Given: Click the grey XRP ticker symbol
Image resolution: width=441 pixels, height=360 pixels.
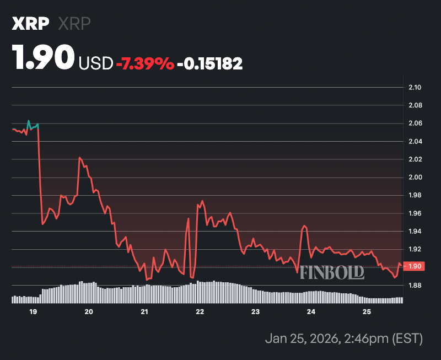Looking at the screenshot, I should pos(74,24).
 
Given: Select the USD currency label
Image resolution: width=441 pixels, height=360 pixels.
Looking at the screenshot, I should pos(96,63).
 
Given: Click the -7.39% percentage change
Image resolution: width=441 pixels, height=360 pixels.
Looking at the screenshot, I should pos(145,63).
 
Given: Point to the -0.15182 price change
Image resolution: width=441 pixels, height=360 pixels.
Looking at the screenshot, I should pos(210,63).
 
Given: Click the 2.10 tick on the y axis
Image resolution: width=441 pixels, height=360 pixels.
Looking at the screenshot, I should pos(415,87).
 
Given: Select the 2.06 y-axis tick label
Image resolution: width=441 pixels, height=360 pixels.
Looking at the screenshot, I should pos(415,123).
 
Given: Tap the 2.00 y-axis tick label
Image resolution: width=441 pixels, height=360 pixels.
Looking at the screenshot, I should pos(415,178).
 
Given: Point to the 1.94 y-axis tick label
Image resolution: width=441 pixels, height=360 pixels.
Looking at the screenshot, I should pos(415,232).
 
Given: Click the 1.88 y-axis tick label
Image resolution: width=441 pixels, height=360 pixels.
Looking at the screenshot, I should pos(415,286).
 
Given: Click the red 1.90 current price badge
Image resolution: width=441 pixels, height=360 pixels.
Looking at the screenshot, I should pos(415,266).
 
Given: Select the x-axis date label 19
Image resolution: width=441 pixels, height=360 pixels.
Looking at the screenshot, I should pos(33,312).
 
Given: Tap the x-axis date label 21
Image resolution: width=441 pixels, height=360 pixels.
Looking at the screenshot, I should pos(144,312).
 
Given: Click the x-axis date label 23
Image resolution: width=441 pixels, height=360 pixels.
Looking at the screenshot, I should pos(255,312).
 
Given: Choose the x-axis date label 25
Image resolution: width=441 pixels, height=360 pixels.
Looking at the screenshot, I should pos(367,312).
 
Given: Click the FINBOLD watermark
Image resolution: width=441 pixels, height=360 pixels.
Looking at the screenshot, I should pos(332,272).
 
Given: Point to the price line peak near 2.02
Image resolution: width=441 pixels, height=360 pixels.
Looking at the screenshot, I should pos(80,158).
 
